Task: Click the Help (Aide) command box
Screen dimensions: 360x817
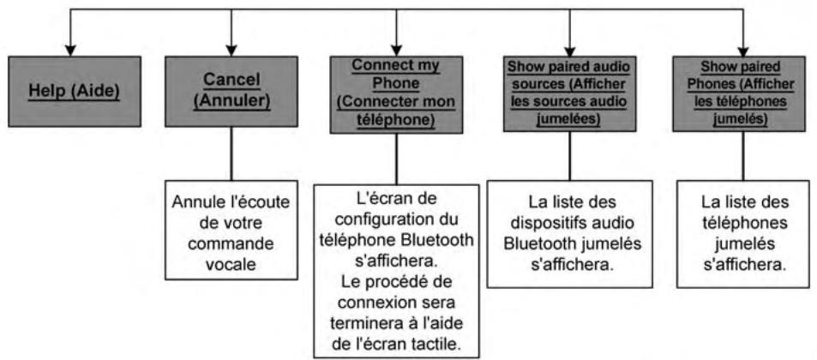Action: click(x=75, y=89)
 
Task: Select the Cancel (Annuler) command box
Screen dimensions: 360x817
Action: click(x=229, y=89)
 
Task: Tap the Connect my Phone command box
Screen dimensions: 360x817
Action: click(x=395, y=89)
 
